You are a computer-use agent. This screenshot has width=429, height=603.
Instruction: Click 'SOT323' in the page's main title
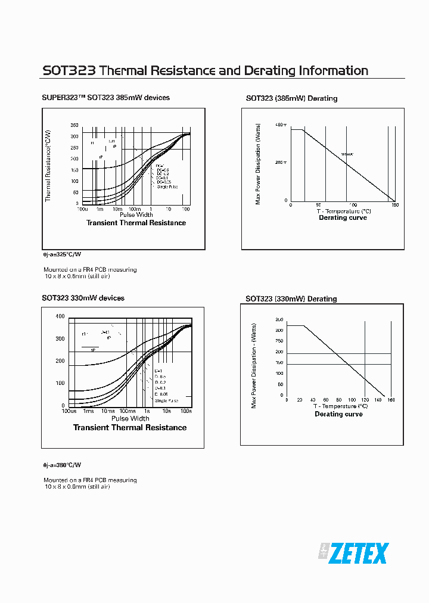69,71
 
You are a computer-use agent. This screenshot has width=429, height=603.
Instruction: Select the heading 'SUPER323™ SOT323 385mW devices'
105,98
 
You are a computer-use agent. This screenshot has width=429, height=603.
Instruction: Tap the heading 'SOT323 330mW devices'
83,298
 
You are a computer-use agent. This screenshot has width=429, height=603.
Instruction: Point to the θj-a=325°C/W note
61,254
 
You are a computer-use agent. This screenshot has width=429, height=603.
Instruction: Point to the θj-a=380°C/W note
61,465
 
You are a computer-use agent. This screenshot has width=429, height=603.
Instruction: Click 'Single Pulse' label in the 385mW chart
167,187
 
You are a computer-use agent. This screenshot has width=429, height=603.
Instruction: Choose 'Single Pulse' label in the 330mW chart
166,401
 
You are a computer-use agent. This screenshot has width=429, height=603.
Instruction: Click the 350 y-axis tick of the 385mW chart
74,126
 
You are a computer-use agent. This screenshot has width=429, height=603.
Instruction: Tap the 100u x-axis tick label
82,209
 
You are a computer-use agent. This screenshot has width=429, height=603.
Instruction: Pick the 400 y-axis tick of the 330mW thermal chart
60,316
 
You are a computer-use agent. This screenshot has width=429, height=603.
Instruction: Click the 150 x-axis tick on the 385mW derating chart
394,206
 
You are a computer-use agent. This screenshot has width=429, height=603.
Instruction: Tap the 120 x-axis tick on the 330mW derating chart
365,400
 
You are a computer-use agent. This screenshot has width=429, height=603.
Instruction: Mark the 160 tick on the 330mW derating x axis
391,400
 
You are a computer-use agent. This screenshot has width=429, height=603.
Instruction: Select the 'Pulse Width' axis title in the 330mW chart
130,418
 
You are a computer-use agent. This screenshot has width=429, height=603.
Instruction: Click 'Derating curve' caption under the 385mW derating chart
343,218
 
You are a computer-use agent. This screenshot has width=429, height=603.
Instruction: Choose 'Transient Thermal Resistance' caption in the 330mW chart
129,428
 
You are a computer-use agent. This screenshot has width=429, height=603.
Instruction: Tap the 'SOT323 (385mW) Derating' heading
291,98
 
